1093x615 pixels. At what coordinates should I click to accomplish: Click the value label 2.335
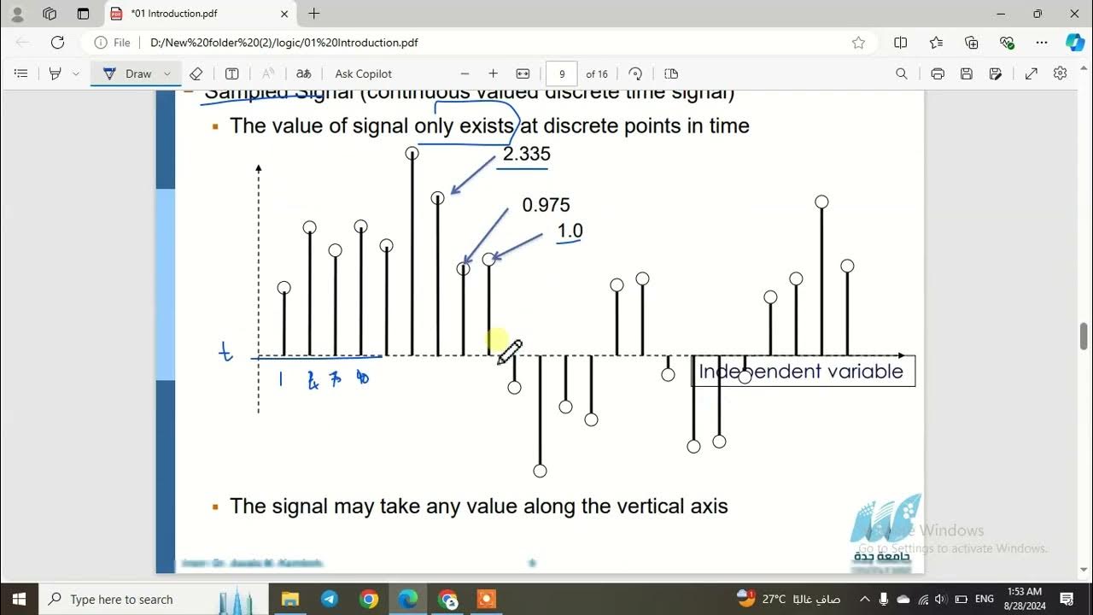pos(526,154)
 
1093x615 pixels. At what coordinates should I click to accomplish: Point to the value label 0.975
pos(546,205)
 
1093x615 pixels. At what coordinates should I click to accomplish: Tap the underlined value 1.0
pos(570,231)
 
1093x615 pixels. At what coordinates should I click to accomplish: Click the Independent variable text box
pos(802,372)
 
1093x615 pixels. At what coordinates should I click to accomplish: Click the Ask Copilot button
pos(363,74)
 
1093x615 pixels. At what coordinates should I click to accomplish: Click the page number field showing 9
pos(561,74)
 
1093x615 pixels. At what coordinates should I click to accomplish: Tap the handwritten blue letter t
pos(226,352)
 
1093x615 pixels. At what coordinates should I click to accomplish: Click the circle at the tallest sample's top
pos(412,154)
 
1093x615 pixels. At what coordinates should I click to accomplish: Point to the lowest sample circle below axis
pos(540,471)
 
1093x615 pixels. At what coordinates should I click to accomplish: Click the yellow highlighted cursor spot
pos(498,340)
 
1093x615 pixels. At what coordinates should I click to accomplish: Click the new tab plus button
pos(314,14)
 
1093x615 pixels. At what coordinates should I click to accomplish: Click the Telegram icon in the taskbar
pos(330,599)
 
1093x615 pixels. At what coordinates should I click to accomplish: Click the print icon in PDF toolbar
pos(938,74)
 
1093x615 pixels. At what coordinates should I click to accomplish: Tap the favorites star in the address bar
pos(858,43)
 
